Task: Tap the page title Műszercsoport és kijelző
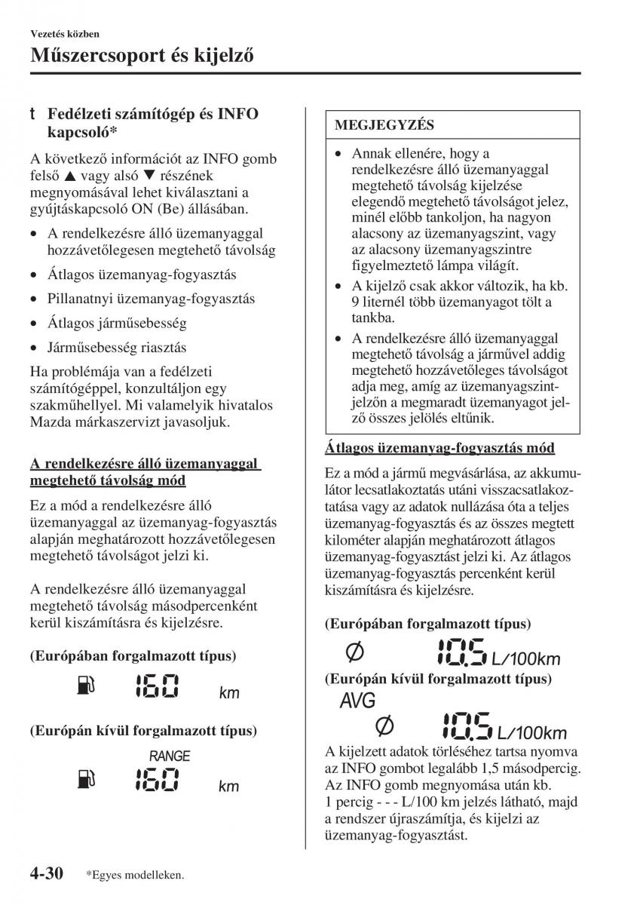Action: [x=141, y=54]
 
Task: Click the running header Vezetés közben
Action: [x=65, y=34]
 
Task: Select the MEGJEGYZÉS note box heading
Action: [x=384, y=124]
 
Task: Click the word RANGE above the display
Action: [x=170, y=756]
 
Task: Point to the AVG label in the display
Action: [x=357, y=701]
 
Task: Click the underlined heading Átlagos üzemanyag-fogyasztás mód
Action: [x=439, y=448]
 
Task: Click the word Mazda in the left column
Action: [x=50, y=422]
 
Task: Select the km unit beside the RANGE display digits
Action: [x=228, y=787]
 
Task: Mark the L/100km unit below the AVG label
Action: [x=531, y=732]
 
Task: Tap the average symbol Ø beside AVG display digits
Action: [x=384, y=727]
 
